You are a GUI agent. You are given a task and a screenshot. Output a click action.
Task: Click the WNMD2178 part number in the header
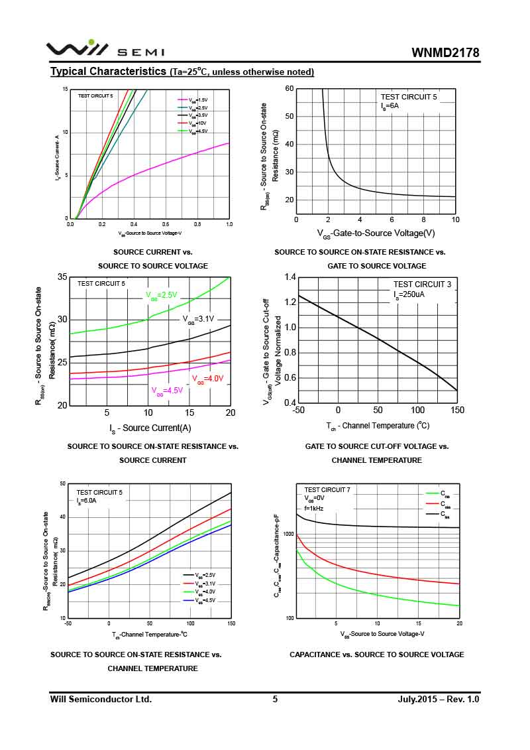click(445, 53)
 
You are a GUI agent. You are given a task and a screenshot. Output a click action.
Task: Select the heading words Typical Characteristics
click(108, 72)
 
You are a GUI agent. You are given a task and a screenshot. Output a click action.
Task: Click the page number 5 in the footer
click(275, 699)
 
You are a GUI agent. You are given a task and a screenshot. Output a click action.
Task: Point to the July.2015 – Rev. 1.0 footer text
click(438, 699)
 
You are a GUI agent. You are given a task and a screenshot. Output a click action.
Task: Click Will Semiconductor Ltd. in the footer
click(101, 699)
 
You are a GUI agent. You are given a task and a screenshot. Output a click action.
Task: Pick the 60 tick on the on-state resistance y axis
click(290, 89)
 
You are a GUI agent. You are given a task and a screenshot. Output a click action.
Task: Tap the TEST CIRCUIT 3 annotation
click(422, 284)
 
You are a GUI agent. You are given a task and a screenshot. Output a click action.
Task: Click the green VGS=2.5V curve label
click(162, 295)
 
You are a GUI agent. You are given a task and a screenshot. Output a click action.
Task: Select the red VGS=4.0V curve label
click(208, 379)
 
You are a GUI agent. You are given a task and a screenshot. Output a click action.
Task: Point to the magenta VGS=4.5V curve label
click(167, 391)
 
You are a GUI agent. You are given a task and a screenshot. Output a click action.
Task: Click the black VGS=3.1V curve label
click(198, 319)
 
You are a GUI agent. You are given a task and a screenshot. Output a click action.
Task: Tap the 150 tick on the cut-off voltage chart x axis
click(457, 410)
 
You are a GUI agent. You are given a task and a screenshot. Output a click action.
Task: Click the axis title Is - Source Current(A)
click(150, 428)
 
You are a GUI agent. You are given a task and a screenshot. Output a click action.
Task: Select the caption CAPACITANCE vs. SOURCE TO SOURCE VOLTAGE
click(376, 655)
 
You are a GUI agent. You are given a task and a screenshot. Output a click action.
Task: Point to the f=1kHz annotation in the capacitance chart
click(314, 507)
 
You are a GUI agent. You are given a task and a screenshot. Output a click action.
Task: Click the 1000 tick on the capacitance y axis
click(288, 534)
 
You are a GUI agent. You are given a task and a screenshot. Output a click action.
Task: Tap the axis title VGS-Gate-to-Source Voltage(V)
click(376, 233)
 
